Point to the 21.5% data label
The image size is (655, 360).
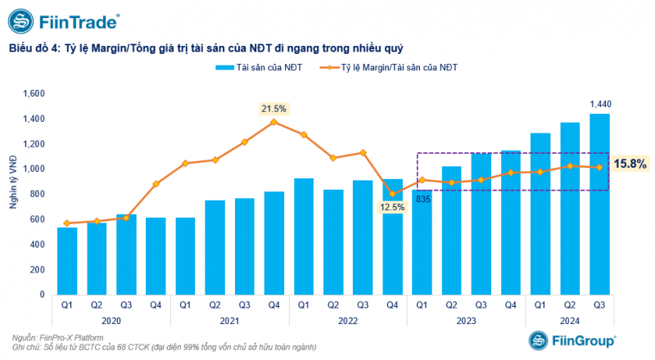click(x=273, y=108)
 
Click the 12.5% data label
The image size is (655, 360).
click(x=391, y=208)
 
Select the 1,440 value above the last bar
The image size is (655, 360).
click(x=600, y=103)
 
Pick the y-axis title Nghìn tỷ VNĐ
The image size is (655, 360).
click(x=14, y=194)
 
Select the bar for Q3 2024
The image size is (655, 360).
click(x=599, y=205)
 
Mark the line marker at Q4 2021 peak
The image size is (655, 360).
click(x=273, y=122)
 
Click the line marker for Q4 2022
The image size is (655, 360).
click(x=392, y=194)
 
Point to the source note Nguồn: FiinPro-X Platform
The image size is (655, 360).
click(x=62, y=338)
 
